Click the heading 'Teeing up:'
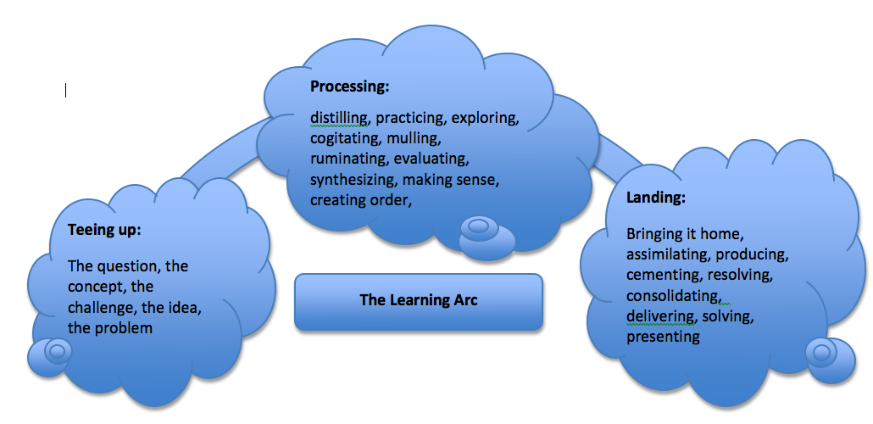point(103,230)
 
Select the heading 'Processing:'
point(349,86)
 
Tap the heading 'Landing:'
point(656,198)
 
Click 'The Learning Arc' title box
point(418,300)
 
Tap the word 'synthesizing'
point(353,179)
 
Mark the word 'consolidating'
point(674,296)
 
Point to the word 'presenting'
point(663,337)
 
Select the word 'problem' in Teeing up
point(125,327)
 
